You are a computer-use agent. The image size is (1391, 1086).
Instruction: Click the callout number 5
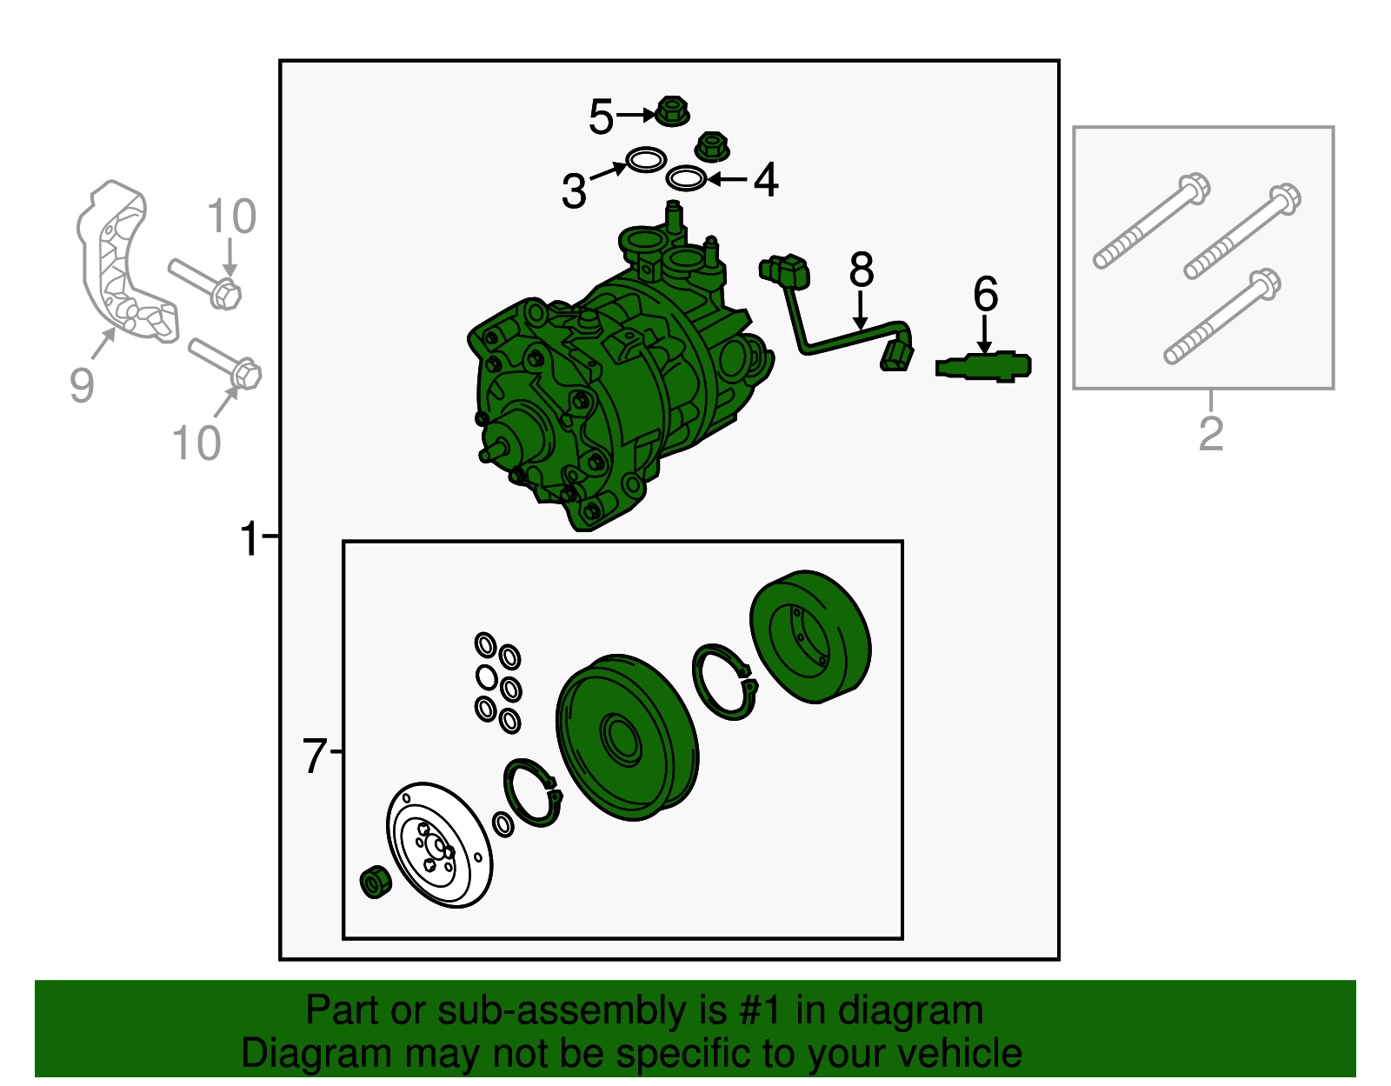[601, 117]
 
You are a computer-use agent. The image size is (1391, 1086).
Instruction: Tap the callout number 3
[574, 190]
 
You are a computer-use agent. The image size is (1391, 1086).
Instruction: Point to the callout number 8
[861, 270]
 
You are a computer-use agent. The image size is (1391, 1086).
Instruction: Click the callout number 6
[985, 294]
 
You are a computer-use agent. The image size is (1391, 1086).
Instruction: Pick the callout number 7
[315, 756]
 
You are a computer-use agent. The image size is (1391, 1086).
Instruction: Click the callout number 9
[82, 384]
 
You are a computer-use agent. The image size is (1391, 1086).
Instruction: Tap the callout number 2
[1210, 434]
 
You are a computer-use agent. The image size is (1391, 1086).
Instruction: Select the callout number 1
[249, 538]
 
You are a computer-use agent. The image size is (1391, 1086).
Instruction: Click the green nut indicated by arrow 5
[671, 111]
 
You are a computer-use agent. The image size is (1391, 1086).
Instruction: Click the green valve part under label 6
[983, 367]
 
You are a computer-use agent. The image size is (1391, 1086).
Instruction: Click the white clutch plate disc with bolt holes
[439, 844]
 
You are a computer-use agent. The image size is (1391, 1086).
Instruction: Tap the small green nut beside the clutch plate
[376, 883]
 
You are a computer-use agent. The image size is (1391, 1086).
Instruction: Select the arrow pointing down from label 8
[861, 310]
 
